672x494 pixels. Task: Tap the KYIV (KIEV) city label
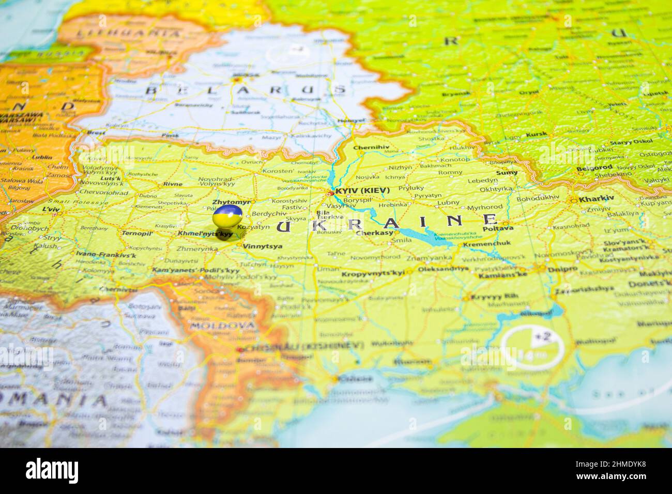[362, 191]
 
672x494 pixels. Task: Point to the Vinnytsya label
[263, 246]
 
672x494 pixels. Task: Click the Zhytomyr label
[231, 202]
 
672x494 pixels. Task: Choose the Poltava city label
[498, 228]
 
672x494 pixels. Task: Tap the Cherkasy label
[375, 233]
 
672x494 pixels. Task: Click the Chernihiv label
[371, 148]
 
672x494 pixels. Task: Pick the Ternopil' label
[137, 233]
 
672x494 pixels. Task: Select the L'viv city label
[51, 209]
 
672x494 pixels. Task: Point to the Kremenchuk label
[486, 243]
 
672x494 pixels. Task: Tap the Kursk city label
[536, 135]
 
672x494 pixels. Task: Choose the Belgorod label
[594, 167]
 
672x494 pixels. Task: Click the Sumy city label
[507, 173]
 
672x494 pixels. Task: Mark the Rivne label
[173, 183]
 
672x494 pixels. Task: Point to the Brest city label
[96, 132]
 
